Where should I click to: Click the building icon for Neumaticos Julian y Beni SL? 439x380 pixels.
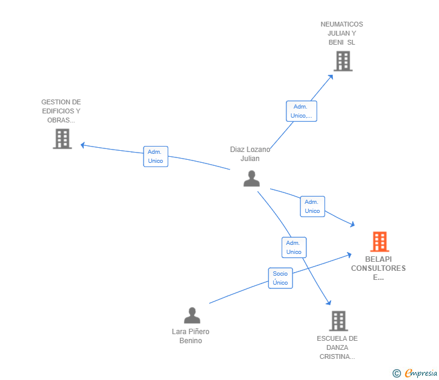click(343, 61)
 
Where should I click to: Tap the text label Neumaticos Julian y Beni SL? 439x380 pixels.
click(342, 33)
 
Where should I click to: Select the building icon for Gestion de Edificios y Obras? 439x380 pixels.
click(62, 139)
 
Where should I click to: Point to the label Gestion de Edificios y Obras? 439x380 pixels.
click(61, 111)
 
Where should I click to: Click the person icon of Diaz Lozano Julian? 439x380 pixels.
click(251, 178)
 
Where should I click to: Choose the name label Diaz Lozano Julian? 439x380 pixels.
click(250, 154)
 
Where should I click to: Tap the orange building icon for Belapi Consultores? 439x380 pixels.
click(379, 241)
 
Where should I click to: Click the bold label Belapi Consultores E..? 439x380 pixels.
click(378, 268)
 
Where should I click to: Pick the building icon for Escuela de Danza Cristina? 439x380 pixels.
click(338, 321)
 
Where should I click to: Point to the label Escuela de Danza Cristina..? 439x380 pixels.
click(337, 347)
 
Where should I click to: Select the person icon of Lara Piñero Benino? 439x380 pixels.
click(192, 315)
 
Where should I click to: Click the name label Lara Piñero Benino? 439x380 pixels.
click(191, 336)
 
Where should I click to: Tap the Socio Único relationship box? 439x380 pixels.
click(280, 278)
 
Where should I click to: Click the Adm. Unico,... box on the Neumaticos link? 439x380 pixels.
click(301, 111)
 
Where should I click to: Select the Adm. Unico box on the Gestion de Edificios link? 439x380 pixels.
click(156, 156)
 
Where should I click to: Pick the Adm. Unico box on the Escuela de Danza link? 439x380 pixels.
click(294, 247)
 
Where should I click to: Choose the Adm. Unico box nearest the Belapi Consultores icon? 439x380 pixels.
click(312, 206)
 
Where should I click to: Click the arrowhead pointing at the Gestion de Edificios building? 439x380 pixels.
click(83, 145)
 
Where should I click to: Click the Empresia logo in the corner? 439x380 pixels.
click(414, 373)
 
